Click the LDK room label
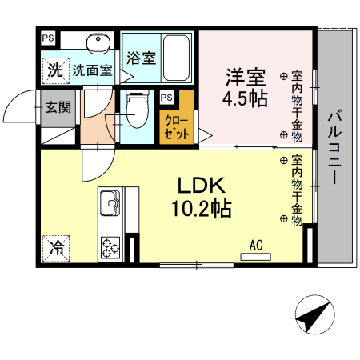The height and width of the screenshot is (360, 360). (x=200, y=185)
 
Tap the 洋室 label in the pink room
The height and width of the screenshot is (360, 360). (x=245, y=78)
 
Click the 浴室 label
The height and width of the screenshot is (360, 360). (x=141, y=58)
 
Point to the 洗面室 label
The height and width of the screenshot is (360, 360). (x=92, y=70)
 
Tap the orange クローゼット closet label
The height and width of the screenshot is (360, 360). (x=176, y=128)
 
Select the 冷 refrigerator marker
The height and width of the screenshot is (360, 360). (x=57, y=249)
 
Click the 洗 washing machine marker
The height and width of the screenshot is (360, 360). (x=54, y=70)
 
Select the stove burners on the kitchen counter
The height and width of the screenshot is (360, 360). (x=110, y=247)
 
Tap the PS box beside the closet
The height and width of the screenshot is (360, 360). (x=166, y=98)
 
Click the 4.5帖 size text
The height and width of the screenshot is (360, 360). (x=244, y=100)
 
